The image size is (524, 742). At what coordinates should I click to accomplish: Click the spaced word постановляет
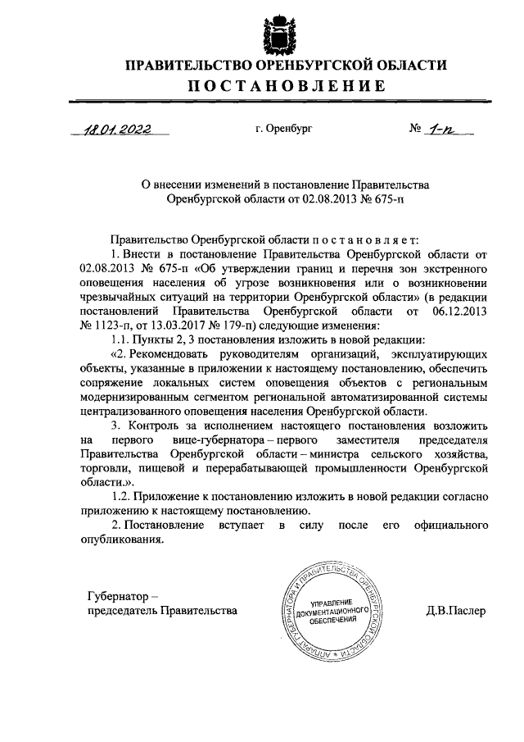point(364,240)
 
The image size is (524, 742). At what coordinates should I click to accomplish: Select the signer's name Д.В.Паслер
point(456,611)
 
